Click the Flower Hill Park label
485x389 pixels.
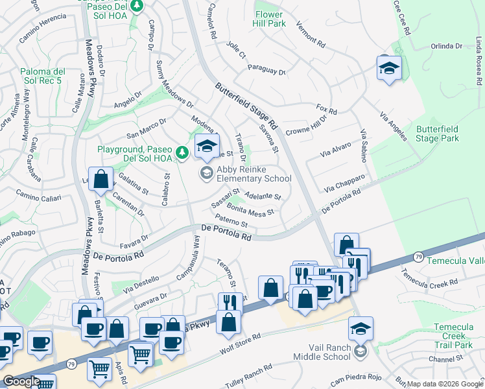pos(269,19)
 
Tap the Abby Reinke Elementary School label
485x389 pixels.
pos(254,174)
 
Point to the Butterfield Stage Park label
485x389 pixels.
pos(437,134)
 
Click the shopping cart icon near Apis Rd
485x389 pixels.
pos(100,369)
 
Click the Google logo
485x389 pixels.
pos(21,381)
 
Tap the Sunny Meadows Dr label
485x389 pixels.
pos(175,85)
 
